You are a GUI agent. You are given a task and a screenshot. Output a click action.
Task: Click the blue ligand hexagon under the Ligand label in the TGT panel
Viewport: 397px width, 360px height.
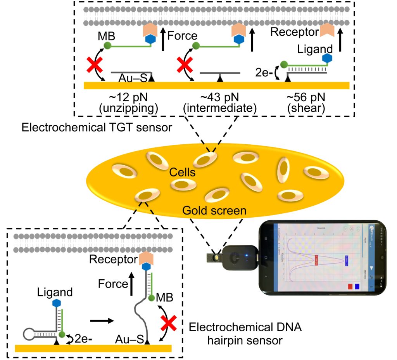tap(328, 58)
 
